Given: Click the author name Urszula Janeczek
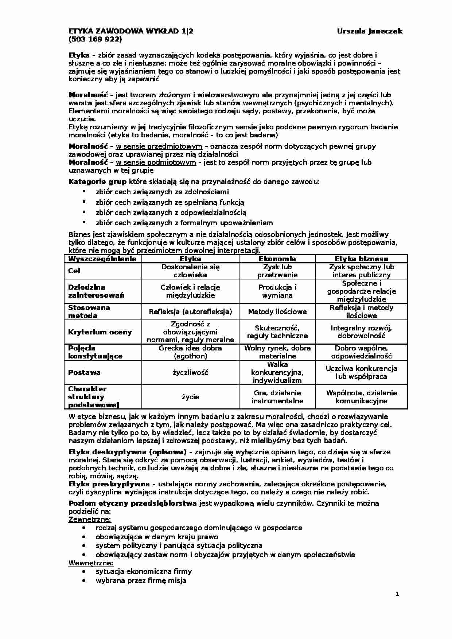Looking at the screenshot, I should (370, 31).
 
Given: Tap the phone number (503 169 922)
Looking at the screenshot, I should (95, 39).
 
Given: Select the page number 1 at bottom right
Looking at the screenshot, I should (397, 594).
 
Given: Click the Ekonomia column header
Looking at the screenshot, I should (277, 259).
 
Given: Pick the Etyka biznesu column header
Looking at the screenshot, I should (361, 259).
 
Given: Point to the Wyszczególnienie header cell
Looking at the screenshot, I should (102, 259).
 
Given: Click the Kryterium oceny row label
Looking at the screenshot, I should (100, 332).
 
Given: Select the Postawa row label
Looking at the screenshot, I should (84, 373).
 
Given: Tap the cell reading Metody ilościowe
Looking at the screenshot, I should (277, 312).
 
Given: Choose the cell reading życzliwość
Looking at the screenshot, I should (190, 373).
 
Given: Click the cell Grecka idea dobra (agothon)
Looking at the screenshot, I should (190, 352).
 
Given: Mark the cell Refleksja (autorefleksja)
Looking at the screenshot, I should (190, 312).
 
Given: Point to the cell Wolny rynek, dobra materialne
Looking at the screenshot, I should (277, 352).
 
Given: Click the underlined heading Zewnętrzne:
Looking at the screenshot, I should (90, 520).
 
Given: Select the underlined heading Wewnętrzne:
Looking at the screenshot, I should (91, 564).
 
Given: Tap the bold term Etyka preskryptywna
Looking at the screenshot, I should (109, 485).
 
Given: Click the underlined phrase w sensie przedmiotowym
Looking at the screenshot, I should (159, 146).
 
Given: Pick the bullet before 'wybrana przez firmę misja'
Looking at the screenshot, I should (84, 581).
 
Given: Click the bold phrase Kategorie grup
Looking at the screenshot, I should (97, 181).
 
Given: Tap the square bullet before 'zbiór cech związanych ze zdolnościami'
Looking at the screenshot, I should (84, 191).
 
